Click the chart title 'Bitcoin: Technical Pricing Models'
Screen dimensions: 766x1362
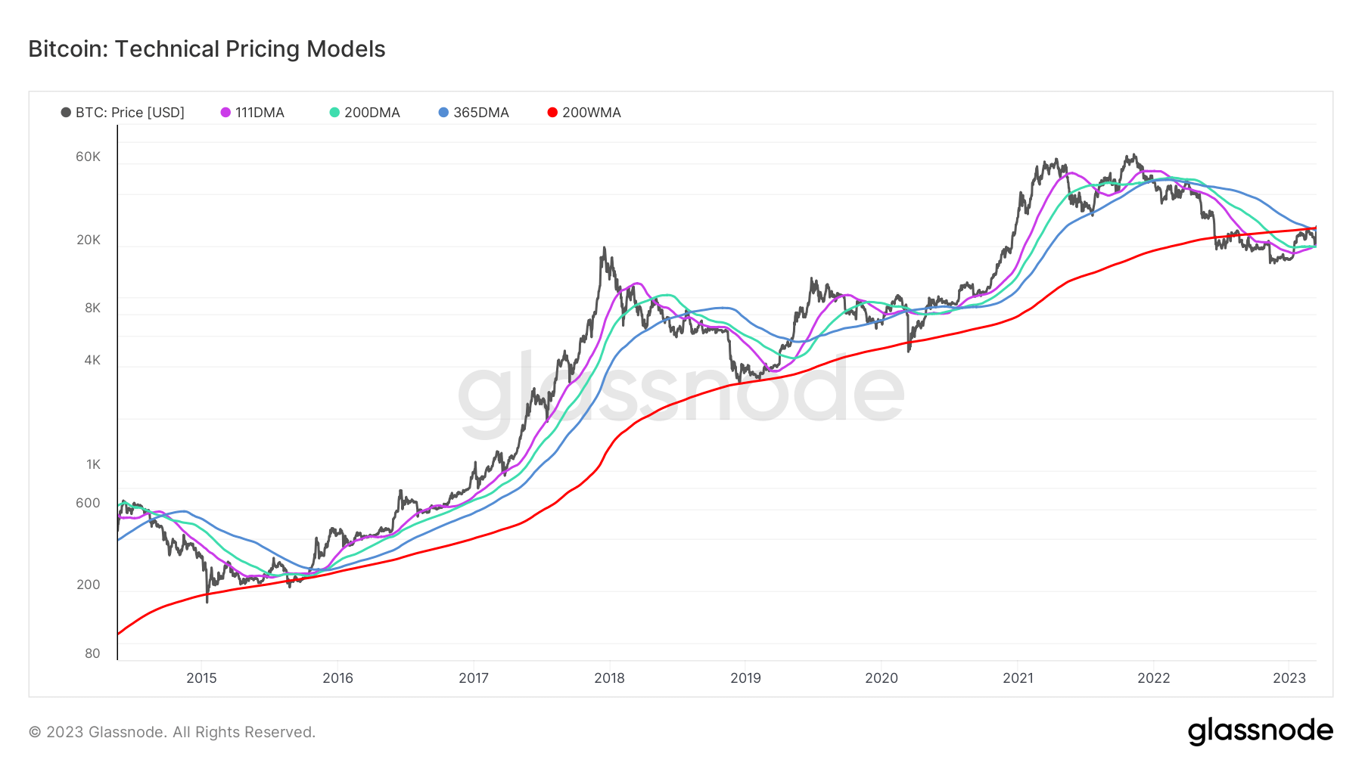coord(207,49)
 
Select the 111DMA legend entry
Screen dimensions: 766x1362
coord(252,113)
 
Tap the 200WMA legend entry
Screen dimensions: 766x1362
coord(583,113)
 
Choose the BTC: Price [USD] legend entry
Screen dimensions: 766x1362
coord(123,113)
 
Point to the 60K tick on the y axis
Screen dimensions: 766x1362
coord(88,157)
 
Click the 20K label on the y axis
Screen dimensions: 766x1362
coord(88,240)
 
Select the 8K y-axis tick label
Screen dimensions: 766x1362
coord(92,308)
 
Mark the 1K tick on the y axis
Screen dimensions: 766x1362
coord(93,464)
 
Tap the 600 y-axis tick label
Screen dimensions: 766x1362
coord(88,503)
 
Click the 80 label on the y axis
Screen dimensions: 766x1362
coord(92,653)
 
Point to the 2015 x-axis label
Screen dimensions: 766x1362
coord(201,678)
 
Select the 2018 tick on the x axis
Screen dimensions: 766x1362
coord(609,678)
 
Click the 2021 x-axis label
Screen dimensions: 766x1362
coord(1018,678)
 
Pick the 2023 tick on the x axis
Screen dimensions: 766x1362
coord(1289,678)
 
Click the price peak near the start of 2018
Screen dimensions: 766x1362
coord(604,248)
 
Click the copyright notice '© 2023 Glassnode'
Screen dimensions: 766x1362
coord(172,732)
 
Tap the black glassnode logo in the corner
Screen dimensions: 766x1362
coord(1260,731)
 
